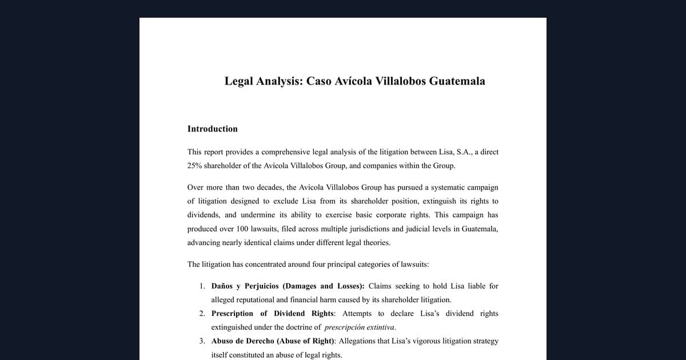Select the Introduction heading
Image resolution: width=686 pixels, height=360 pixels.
[212, 129]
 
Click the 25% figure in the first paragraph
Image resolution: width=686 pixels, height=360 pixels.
[196, 166]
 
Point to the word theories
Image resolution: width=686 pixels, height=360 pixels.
[375, 242]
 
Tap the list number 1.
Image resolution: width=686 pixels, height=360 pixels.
[202, 286]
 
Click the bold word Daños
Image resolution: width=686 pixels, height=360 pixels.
[221, 286]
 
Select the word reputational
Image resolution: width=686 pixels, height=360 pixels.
[260, 299]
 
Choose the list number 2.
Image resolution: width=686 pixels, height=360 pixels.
[202, 313]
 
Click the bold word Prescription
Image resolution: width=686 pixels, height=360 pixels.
[232, 313]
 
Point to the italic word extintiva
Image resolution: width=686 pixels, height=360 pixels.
[378, 327]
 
